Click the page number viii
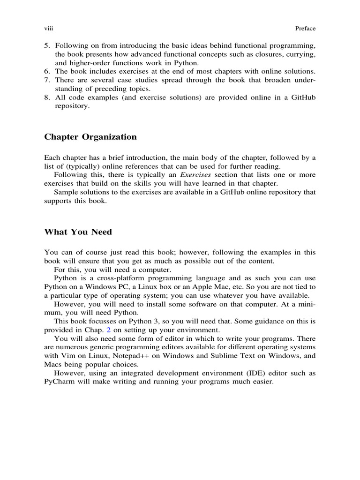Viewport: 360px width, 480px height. (48, 29)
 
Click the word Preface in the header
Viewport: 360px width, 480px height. (305, 29)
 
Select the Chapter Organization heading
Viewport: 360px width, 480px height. (90, 137)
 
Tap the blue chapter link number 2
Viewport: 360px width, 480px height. (109, 330)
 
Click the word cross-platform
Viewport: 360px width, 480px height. (104, 278)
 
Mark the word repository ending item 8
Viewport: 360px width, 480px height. (72, 106)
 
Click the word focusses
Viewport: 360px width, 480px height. (100, 321)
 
